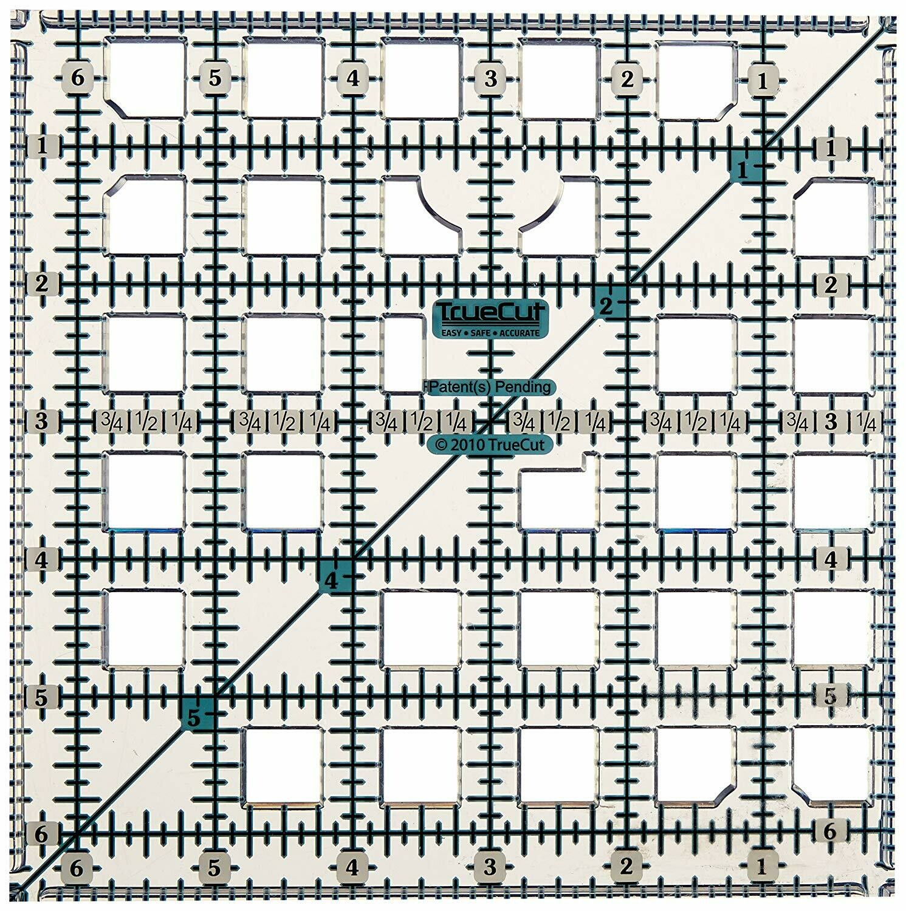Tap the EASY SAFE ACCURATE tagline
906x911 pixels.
point(489,332)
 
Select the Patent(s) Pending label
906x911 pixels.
point(490,386)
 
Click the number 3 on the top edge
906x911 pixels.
point(490,79)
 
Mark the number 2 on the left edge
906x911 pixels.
point(42,283)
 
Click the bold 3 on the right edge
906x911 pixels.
point(831,421)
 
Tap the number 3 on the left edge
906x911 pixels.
point(41,421)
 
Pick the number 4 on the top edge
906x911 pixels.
point(352,79)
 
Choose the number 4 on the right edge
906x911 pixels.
point(831,559)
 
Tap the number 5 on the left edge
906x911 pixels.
point(41,697)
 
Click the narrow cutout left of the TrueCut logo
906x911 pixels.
point(404,354)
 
